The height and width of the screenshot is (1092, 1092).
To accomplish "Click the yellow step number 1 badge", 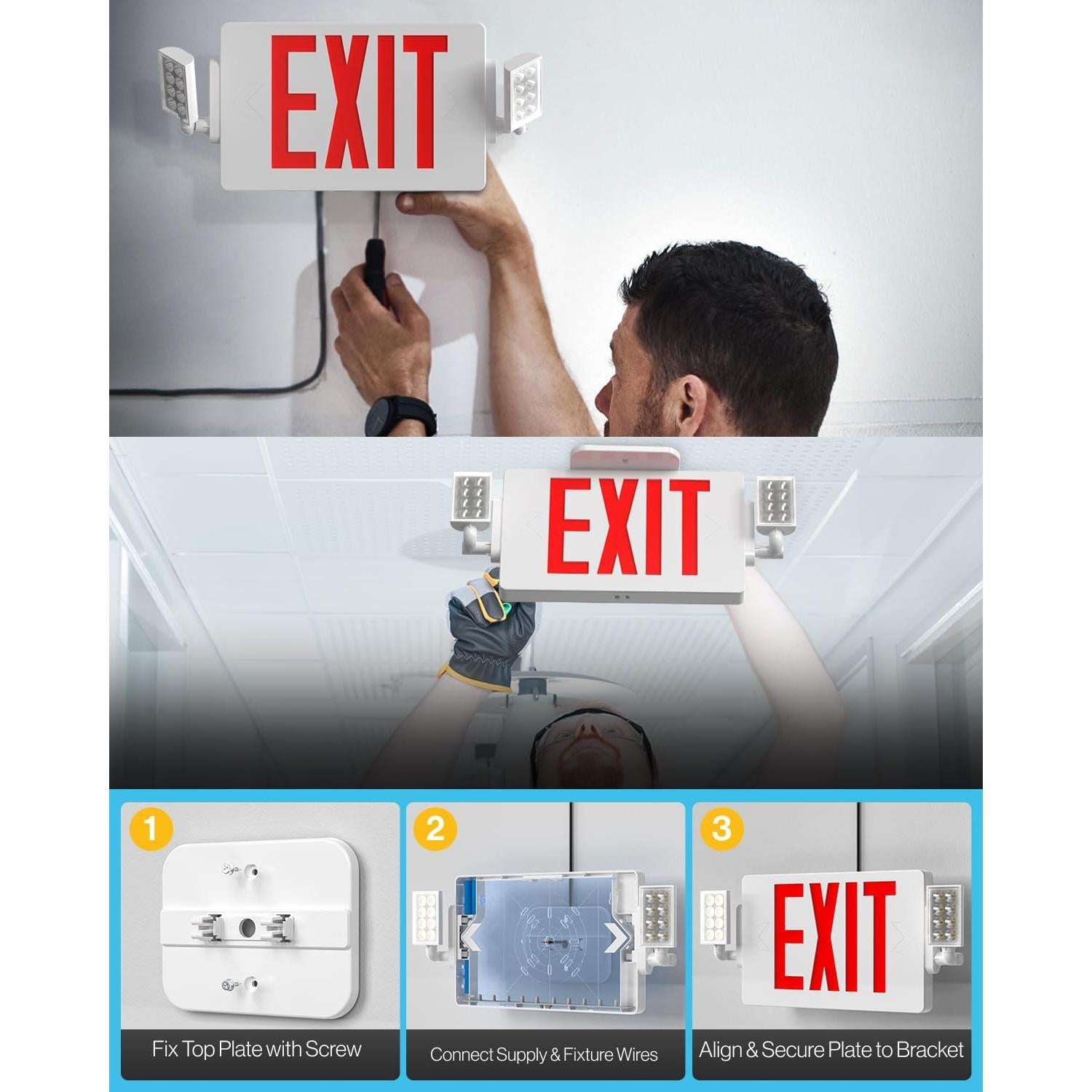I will [151, 828].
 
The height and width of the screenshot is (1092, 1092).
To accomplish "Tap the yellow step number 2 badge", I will [435, 828].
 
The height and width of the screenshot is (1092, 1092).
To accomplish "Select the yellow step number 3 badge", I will [721, 828].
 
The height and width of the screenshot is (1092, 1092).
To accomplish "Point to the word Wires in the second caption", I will [637, 1054].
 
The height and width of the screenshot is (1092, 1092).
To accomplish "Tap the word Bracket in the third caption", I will [930, 1050].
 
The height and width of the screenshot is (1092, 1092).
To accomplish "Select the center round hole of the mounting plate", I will [247, 927].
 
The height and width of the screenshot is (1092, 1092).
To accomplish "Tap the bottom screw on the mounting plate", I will [229, 985].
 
